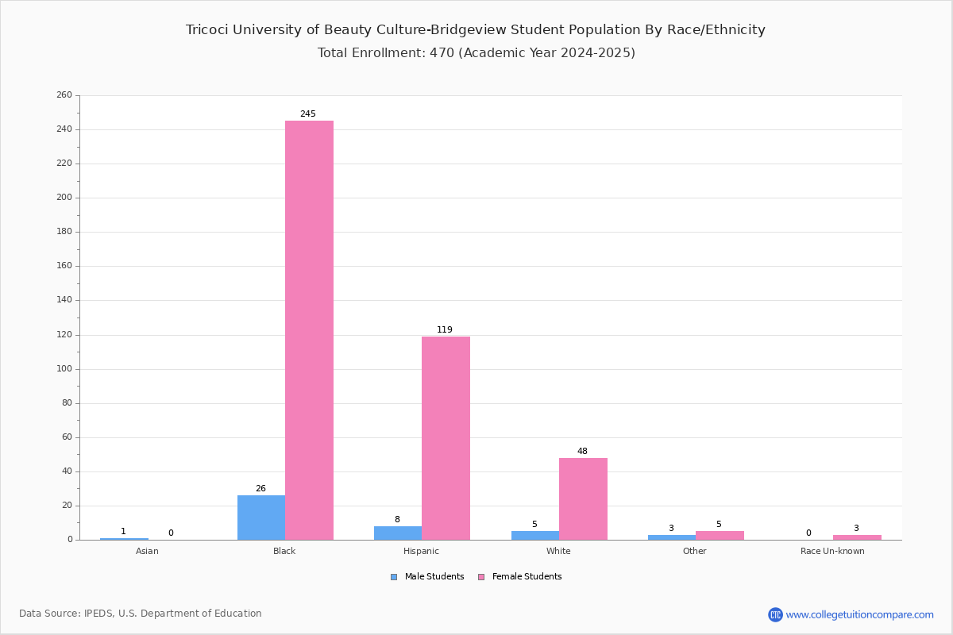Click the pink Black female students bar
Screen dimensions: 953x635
(x=309, y=330)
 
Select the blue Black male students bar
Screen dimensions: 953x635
(x=261, y=518)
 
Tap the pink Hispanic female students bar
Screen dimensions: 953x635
(x=446, y=438)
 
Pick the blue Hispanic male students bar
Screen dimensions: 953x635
(x=398, y=533)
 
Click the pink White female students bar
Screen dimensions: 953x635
(x=583, y=499)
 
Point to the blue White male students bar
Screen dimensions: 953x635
(x=535, y=536)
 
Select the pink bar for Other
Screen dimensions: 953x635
(x=720, y=536)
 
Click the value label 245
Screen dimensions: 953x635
(x=308, y=114)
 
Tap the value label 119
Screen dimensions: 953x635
(x=445, y=329)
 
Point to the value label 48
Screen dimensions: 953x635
(x=582, y=451)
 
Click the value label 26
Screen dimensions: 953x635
(x=260, y=488)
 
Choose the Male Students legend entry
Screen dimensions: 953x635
(x=427, y=576)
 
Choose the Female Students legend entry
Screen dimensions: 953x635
(x=520, y=576)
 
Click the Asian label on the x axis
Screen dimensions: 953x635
(x=147, y=551)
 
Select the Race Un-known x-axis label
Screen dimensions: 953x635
(x=832, y=551)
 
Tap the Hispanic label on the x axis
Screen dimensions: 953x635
(x=421, y=551)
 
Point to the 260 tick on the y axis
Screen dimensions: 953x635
(x=64, y=94)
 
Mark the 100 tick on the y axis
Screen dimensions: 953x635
(x=64, y=369)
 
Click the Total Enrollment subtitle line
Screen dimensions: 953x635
(x=476, y=52)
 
